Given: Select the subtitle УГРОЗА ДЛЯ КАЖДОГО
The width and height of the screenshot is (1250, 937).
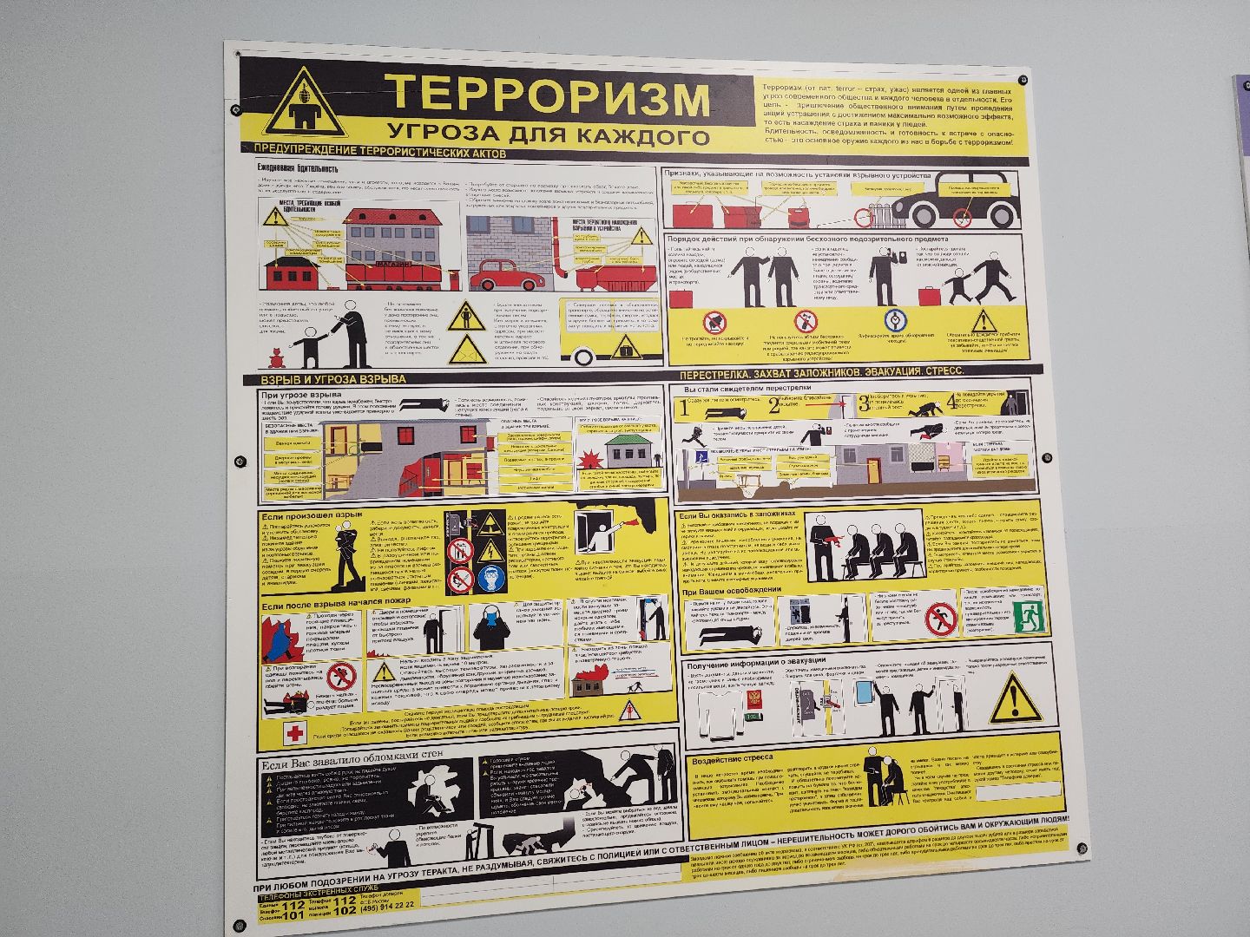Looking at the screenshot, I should point(548,134).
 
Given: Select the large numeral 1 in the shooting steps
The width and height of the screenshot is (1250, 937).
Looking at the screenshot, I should point(684,407).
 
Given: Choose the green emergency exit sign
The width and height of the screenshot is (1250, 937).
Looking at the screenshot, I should point(1030,616).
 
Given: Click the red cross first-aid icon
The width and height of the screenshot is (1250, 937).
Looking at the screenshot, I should point(296,732).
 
